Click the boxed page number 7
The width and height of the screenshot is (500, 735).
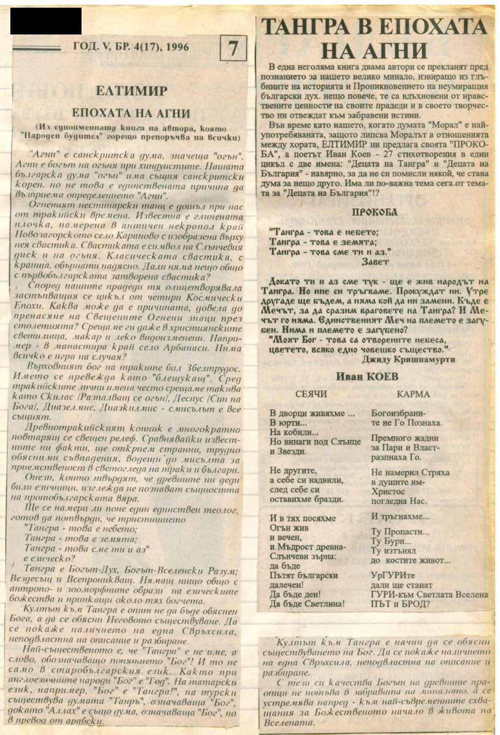coord(233,49)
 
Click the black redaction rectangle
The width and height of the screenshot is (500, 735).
coord(46,21)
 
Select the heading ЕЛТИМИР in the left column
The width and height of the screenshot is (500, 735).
coord(131,90)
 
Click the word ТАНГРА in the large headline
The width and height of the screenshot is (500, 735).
coord(310,27)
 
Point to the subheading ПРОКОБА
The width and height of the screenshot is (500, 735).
coord(375,212)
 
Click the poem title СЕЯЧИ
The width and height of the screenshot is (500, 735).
coord(311,394)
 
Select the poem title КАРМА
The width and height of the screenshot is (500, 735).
coord(413,394)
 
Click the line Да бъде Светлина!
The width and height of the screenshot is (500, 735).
coord(307,604)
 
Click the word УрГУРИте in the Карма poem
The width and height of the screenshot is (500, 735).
coord(392,575)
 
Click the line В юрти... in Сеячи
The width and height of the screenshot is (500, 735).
coord(281,423)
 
